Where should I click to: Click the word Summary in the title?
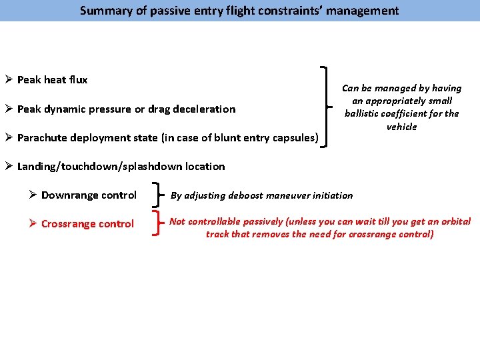point(102,11)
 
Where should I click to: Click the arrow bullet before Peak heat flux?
point(9,80)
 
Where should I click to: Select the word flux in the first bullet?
point(77,80)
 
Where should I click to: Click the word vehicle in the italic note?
point(401,127)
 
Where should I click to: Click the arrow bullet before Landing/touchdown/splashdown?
point(9,166)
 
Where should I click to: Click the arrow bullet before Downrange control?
point(33,195)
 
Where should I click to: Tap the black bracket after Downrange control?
point(158,195)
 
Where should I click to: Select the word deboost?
point(247,195)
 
